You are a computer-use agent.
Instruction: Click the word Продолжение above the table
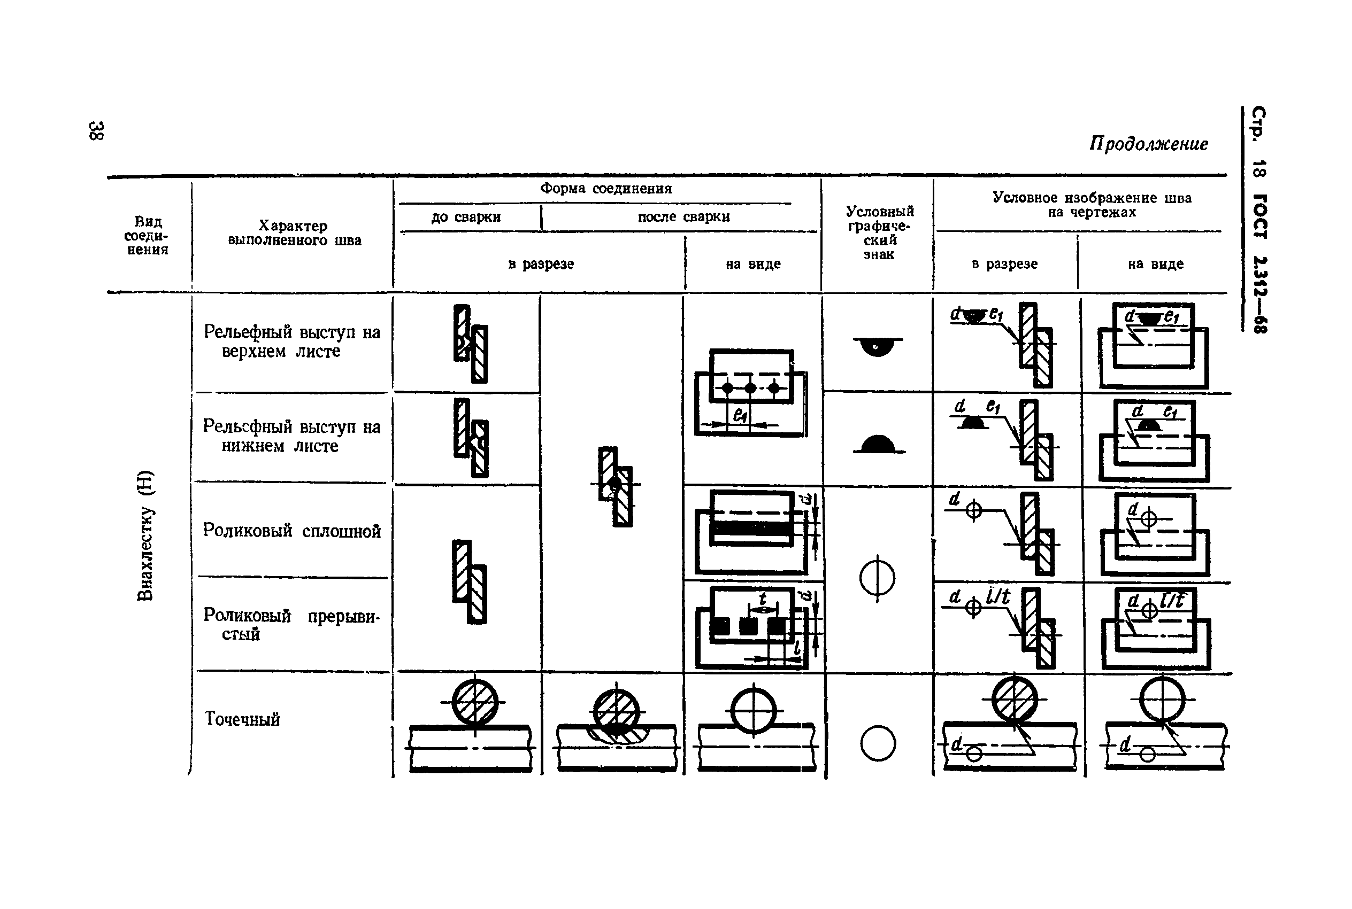[1148, 144]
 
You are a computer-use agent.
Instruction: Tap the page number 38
[96, 131]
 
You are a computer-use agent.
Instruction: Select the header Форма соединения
[605, 189]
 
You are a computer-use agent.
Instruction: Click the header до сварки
[466, 217]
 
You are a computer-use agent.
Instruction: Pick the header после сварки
[683, 217]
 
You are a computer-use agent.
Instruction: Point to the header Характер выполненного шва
[294, 233]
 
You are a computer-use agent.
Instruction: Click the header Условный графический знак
[879, 232]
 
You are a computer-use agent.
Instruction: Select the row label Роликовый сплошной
[292, 531]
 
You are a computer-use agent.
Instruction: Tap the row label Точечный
[242, 719]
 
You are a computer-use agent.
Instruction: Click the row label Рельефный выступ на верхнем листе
[292, 341]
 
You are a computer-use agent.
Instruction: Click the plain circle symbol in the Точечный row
[878, 743]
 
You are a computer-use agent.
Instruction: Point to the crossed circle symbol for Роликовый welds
[877, 578]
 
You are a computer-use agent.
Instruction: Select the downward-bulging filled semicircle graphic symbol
[877, 346]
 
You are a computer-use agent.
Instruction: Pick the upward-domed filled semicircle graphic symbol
[879, 445]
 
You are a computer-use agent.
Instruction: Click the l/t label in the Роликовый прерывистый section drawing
[997, 596]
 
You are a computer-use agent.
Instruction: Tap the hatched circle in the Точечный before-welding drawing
[474, 702]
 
